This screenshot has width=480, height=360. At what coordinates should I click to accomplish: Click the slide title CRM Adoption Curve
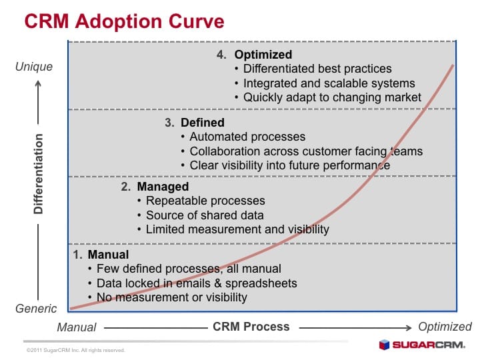point(124,21)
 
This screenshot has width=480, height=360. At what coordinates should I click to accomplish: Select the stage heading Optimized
point(263,55)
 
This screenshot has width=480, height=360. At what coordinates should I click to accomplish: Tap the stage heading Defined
point(203,123)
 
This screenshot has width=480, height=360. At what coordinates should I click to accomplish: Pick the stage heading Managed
point(163,187)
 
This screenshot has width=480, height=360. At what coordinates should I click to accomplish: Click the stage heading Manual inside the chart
point(108,255)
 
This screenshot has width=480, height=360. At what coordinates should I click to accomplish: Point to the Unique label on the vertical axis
point(34,67)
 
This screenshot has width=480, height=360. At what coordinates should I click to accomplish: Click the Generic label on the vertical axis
point(36,309)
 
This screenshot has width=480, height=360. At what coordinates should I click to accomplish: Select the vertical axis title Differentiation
point(39,174)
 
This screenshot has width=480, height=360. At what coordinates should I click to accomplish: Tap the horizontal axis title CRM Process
point(251,327)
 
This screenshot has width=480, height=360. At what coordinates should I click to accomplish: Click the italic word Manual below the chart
point(77,327)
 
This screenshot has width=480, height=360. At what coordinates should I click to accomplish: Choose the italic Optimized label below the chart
point(445,327)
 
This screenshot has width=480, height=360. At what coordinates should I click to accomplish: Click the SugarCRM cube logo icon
point(384,345)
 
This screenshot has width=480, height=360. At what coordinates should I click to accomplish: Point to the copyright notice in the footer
point(75,350)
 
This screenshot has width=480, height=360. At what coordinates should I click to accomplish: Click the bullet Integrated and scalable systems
point(329,83)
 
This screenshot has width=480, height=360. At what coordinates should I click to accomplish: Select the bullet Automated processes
point(247,137)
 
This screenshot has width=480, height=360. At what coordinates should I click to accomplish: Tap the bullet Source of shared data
point(205,215)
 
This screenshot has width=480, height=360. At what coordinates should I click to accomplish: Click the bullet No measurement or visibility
point(172,297)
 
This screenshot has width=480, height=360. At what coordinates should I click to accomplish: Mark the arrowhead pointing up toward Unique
point(38,83)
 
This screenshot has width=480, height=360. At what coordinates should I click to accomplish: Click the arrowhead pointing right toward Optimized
point(409,328)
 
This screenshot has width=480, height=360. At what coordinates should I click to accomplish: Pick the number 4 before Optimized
point(221,55)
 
